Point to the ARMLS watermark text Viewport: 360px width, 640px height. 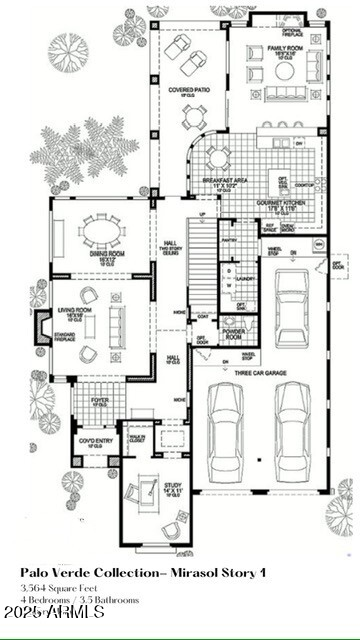click(55, 610)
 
